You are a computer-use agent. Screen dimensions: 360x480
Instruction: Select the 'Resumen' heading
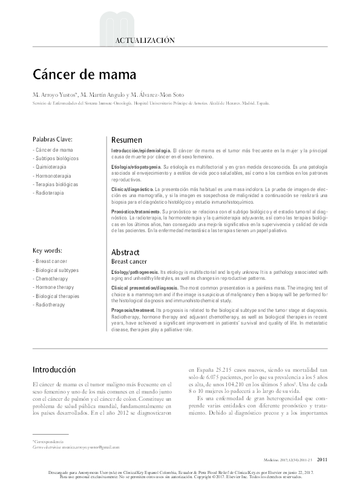tap(126, 140)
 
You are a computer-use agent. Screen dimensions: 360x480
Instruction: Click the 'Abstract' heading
tap(125, 251)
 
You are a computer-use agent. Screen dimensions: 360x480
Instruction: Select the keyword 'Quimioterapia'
tap(51, 166)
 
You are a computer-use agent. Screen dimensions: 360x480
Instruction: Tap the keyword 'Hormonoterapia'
tap(53, 175)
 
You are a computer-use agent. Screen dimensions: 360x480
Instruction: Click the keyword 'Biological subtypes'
tap(57, 270)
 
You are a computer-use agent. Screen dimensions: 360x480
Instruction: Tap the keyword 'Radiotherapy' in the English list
tap(52, 305)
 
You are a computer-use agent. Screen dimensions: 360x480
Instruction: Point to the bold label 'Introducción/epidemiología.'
tap(141, 149)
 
